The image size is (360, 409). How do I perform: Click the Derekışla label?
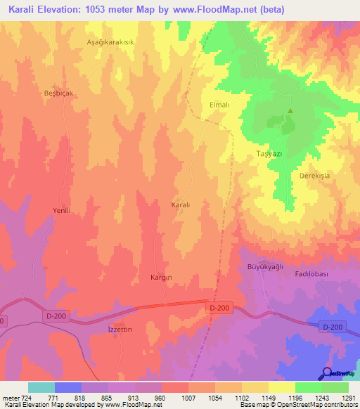[x=314, y=175]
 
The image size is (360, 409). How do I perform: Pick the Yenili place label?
[x=63, y=210]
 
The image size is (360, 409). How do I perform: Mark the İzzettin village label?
[x=119, y=329]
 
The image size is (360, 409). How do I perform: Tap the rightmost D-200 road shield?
[x=333, y=327]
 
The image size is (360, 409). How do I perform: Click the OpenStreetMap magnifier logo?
[x=327, y=373]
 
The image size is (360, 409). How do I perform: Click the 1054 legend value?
[x=214, y=397]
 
